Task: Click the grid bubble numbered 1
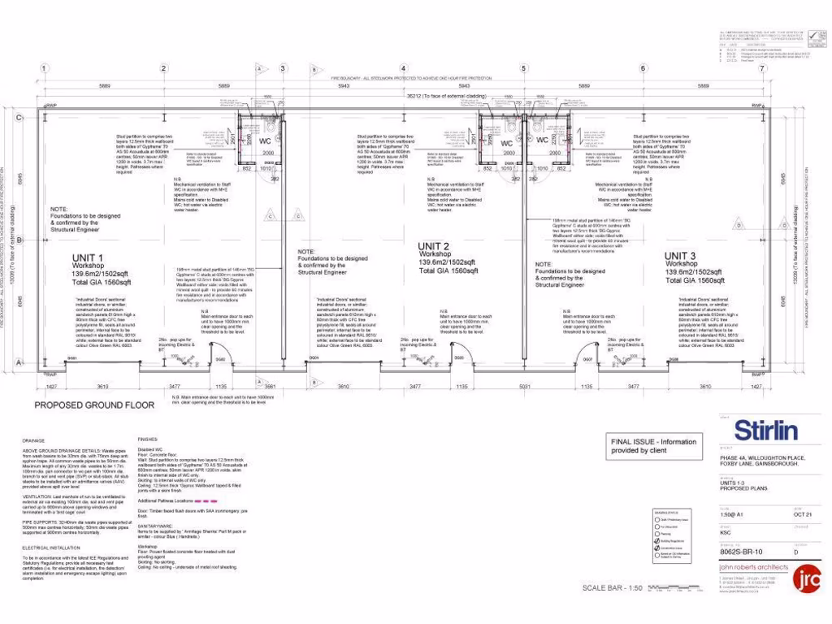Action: click(45, 68)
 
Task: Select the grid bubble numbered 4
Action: click(404, 68)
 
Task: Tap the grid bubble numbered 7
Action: click(762, 68)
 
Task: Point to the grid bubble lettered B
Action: click(18, 240)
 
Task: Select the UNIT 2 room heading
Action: click(434, 246)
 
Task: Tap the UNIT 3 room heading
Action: click(681, 256)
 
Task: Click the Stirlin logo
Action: click(766, 430)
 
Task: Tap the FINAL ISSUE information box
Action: click(654, 446)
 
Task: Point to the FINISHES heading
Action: click(147, 437)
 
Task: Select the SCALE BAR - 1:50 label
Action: click(611, 588)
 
